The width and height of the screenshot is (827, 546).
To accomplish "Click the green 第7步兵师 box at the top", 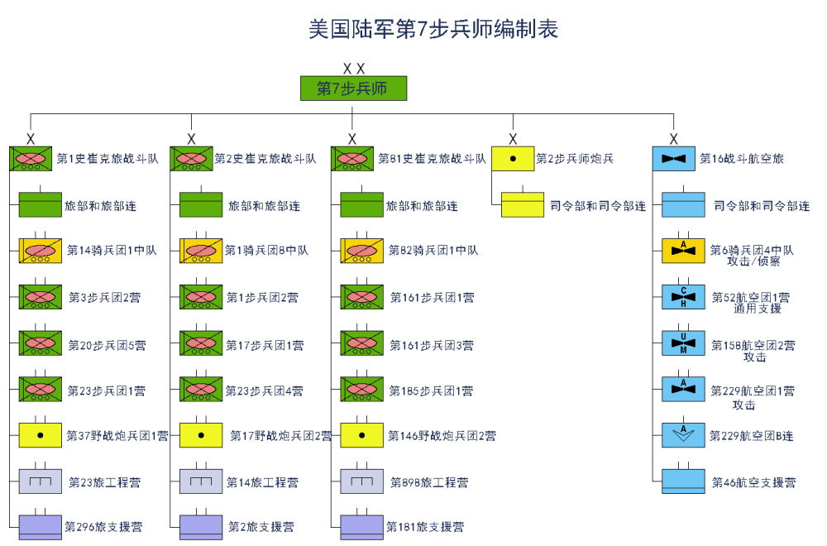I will click(x=353, y=89).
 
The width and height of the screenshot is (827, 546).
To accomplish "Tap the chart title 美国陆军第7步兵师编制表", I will click(x=433, y=30).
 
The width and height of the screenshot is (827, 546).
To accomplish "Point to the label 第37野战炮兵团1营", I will click(x=117, y=435).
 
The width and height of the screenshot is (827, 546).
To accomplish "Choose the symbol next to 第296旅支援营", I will click(x=41, y=526).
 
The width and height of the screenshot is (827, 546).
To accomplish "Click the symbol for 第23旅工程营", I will click(x=41, y=481).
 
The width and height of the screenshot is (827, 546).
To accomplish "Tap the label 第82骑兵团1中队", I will click(x=433, y=250).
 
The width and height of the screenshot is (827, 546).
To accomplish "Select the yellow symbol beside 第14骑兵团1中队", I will click(x=41, y=250).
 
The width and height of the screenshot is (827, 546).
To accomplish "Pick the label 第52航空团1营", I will click(x=750, y=297).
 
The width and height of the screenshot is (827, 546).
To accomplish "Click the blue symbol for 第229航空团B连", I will click(x=684, y=434).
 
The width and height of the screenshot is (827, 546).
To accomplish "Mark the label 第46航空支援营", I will click(x=753, y=482).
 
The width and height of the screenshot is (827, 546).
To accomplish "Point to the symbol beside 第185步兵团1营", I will click(x=362, y=389).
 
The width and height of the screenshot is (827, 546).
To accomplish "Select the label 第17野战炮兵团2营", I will click(x=280, y=435).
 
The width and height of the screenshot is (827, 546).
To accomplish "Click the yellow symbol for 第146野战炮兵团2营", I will click(x=362, y=434).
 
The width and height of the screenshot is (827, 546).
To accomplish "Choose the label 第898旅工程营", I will click(x=428, y=482).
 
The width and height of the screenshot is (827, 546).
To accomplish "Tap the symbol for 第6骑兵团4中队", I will click(x=684, y=250).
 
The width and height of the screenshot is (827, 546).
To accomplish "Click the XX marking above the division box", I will click(x=354, y=69).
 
